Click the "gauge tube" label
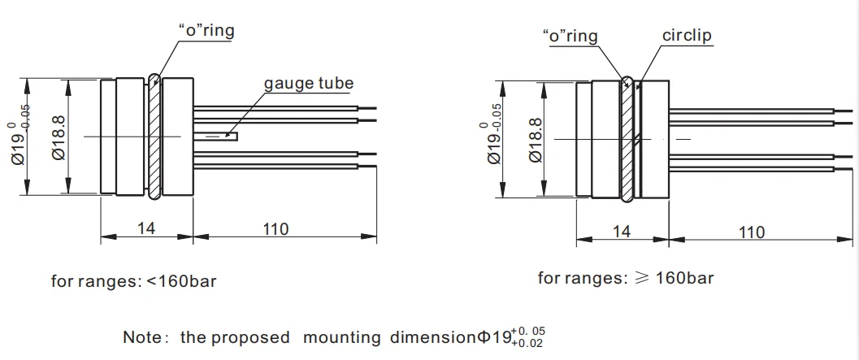pos(308,84)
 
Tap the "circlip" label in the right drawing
pos(687,36)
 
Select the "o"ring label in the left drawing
pos(206,31)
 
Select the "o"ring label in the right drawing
pos(569,36)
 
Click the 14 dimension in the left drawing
pos(146,228)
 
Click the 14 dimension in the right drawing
pos(621,232)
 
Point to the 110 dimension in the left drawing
pos(276,228)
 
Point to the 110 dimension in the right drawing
pos(751,232)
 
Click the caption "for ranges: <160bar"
pos(134,282)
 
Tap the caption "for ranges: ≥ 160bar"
pos(626,278)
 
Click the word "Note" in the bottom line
pos(140,336)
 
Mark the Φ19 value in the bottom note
pos(496,336)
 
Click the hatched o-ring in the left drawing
pos(154,137)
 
